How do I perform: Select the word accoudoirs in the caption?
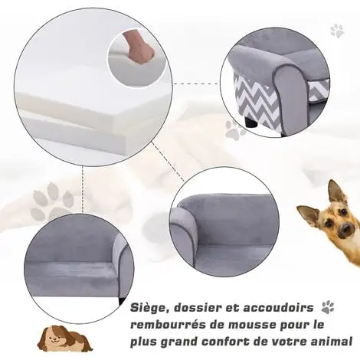[x=278, y=308]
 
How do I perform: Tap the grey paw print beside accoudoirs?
[x=328, y=307]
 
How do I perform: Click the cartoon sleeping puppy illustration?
[x=64, y=338]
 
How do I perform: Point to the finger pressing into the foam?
[x=139, y=46]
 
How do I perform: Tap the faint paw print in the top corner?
[x=337, y=31]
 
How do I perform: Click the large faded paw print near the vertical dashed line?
[x=52, y=201]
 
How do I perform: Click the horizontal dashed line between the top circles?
[x=196, y=83]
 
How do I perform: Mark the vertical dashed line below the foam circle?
[x=82, y=189]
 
